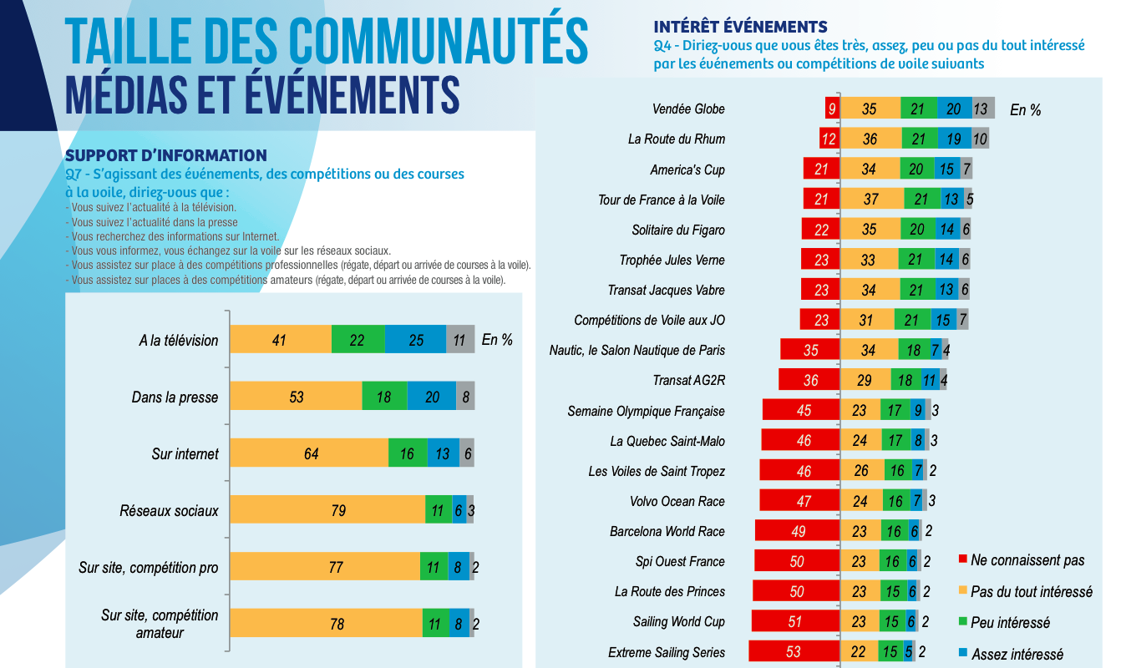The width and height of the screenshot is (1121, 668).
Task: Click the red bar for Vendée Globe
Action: point(832,109)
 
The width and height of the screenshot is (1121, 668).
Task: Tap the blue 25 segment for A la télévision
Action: point(416,340)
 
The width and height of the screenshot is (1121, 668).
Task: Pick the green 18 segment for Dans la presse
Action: point(384,397)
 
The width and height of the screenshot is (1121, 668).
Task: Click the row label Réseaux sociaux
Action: point(169,510)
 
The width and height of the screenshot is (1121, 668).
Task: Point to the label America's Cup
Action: point(687,170)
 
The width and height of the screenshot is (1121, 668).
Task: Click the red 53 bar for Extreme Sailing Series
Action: point(794,652)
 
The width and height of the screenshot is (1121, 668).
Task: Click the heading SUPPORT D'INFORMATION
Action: point(166,155)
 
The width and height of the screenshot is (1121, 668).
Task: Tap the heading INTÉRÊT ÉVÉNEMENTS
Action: point(740,27)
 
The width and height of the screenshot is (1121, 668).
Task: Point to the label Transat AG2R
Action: point(689,381)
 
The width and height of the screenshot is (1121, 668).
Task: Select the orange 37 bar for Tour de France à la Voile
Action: point(872,200)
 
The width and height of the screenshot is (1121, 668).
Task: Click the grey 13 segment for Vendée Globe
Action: point(982,109)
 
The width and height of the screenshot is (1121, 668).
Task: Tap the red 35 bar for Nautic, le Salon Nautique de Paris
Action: point(809,350)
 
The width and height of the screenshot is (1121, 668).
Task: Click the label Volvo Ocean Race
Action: point(677,501)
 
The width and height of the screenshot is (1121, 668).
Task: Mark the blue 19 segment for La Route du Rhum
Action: point(954,139)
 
